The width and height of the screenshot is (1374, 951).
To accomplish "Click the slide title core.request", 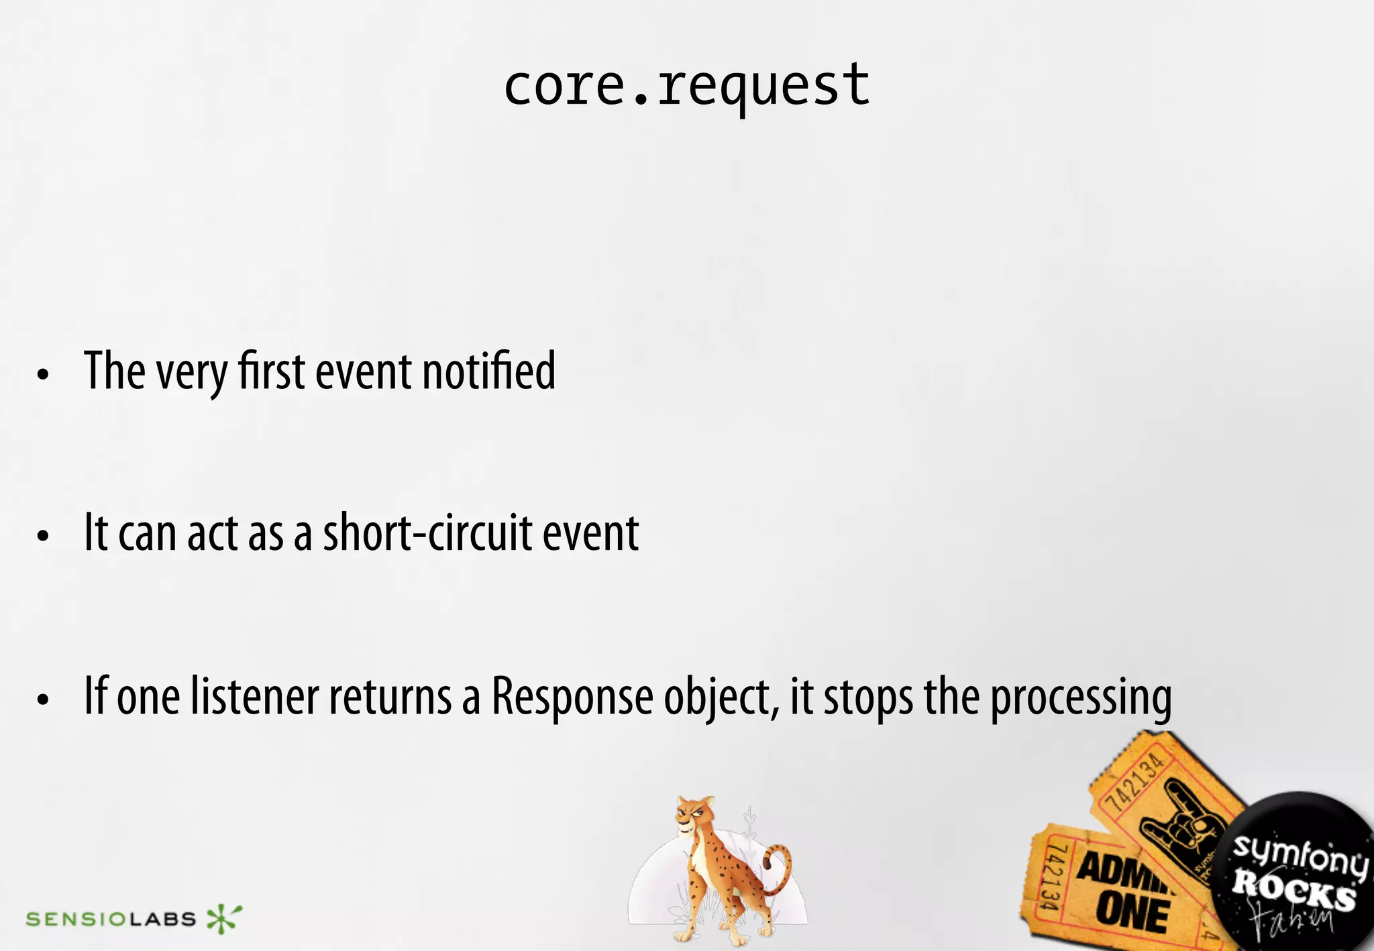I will click(686, 87).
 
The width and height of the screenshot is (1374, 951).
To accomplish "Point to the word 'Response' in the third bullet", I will click(572, 697).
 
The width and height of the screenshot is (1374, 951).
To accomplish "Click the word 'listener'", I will click(254, 697).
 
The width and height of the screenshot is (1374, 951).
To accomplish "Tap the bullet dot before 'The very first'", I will click(44, 374).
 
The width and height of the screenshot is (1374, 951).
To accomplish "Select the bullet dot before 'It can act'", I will click(44, 537).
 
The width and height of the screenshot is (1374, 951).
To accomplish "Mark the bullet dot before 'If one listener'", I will click(44, 700).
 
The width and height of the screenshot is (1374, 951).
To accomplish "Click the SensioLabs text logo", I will click(111, 919).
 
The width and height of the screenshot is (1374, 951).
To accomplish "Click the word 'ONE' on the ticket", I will click(1132, 914).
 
